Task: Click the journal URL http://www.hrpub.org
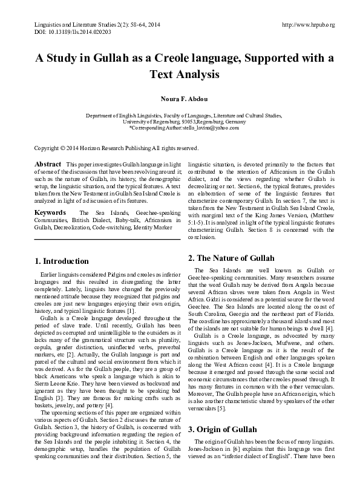pyautogui.click(x=308, y=24)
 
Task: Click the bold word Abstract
pyautogui.click(x=48, y=165)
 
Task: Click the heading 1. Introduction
pyautogui.click(x=62, y=261)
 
